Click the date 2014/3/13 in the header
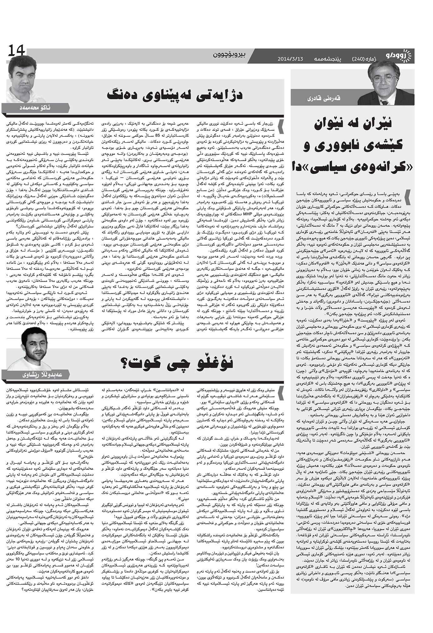[x=290, y=59]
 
